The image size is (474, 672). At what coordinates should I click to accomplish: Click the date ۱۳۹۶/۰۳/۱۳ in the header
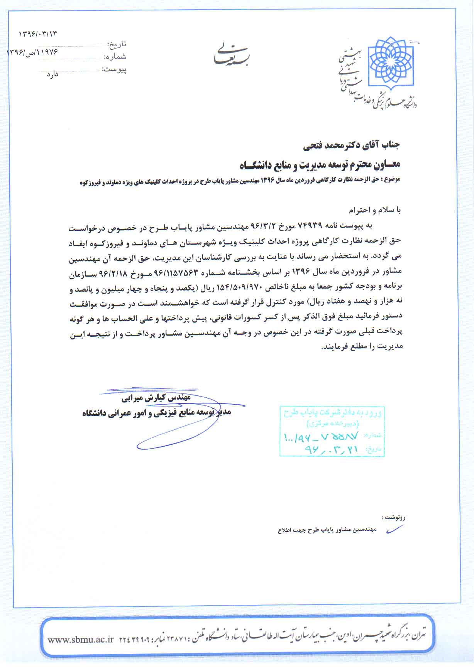[x=38, y=34]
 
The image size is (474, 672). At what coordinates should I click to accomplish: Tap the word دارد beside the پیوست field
[x=52, y=74]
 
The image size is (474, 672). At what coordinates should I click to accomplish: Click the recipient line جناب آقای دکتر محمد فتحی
[x=351, y=145]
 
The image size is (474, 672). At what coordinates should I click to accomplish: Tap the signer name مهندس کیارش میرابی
[x=156, y=397]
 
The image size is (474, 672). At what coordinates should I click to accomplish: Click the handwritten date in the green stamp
[x=332, y=449]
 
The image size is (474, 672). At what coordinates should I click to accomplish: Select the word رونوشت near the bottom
[x=394, y=517]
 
